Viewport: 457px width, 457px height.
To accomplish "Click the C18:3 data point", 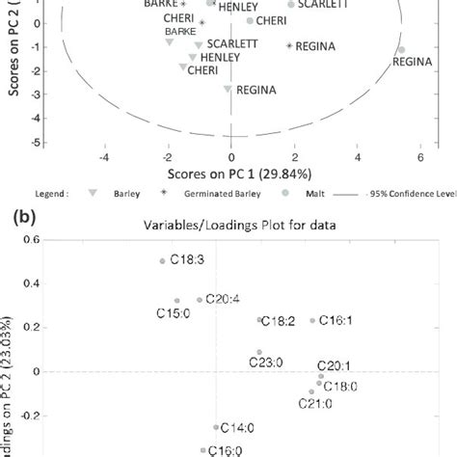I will [162, 261].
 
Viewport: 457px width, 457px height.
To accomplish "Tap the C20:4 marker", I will [200, 300].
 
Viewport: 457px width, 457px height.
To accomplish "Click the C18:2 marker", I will [259, 320].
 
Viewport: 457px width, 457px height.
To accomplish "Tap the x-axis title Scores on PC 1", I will [230, 172].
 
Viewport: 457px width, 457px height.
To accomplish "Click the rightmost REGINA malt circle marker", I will [401, 49].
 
